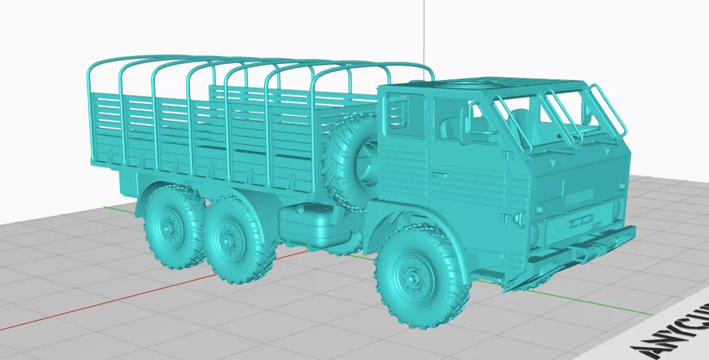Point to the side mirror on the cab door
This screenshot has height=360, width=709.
pyautogui.click(x=466, y=122)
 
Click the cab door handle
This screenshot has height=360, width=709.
pyautogui.click(x=441, y=175)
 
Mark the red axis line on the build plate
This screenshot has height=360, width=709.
pyautogui.click(x=120, y=300)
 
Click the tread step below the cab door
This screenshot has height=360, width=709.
pyautogui.click(x=483, y=274)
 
